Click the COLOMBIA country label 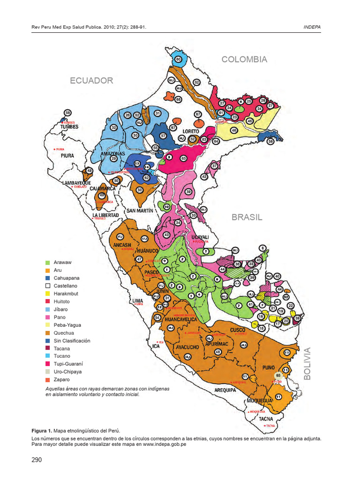[244, 60]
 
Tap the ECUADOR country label [91, 81]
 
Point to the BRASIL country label [247, 217]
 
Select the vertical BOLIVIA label [308, 364]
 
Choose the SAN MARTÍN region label [139, 211]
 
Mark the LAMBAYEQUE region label [76, 183]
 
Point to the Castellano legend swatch [47, 286]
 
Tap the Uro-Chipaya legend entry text [67, 372]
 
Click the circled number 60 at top [178, 60]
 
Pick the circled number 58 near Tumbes [68, 113]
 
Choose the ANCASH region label [122, 245]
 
